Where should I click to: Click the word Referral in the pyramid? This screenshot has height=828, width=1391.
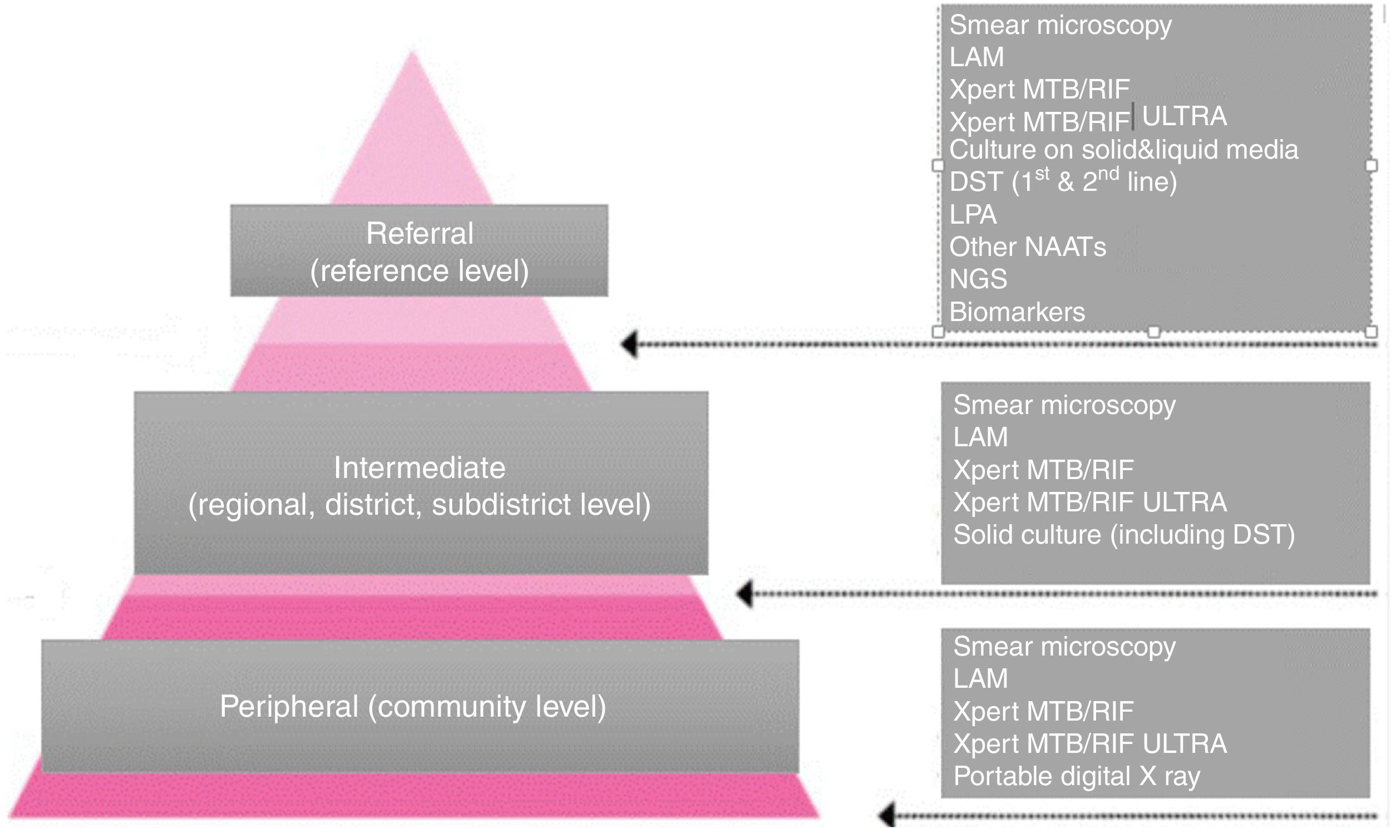[x=420, y=233]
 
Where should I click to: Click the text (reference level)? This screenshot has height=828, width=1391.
[x=420, y=271]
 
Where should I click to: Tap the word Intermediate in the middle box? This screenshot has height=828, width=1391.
[x=420, y=467]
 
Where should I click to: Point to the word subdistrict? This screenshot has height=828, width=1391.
[x=501, y=504]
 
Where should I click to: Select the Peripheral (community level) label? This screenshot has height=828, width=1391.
[x=413, y=706]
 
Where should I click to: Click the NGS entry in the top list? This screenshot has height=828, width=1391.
[x=978, y=279]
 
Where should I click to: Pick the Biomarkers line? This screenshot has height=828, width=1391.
[x=1017, y=312]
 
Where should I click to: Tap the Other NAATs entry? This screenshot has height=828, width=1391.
[x=1027, y=247]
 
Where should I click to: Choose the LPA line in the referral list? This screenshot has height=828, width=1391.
[x=973, y=215]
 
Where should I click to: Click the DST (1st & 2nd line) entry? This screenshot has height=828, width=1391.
[x=1063, y=182]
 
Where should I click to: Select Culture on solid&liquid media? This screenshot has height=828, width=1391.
[x=1123, y=150]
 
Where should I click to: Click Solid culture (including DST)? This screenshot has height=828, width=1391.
[x=1124, y=535]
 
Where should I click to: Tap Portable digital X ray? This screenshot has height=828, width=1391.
[x=1077, y=776]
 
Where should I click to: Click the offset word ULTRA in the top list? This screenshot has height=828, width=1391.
[x=1184, y=116]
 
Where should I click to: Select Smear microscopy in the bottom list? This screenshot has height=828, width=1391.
[x=1064, y=647]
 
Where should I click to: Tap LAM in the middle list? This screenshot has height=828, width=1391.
[x=980, y=437]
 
